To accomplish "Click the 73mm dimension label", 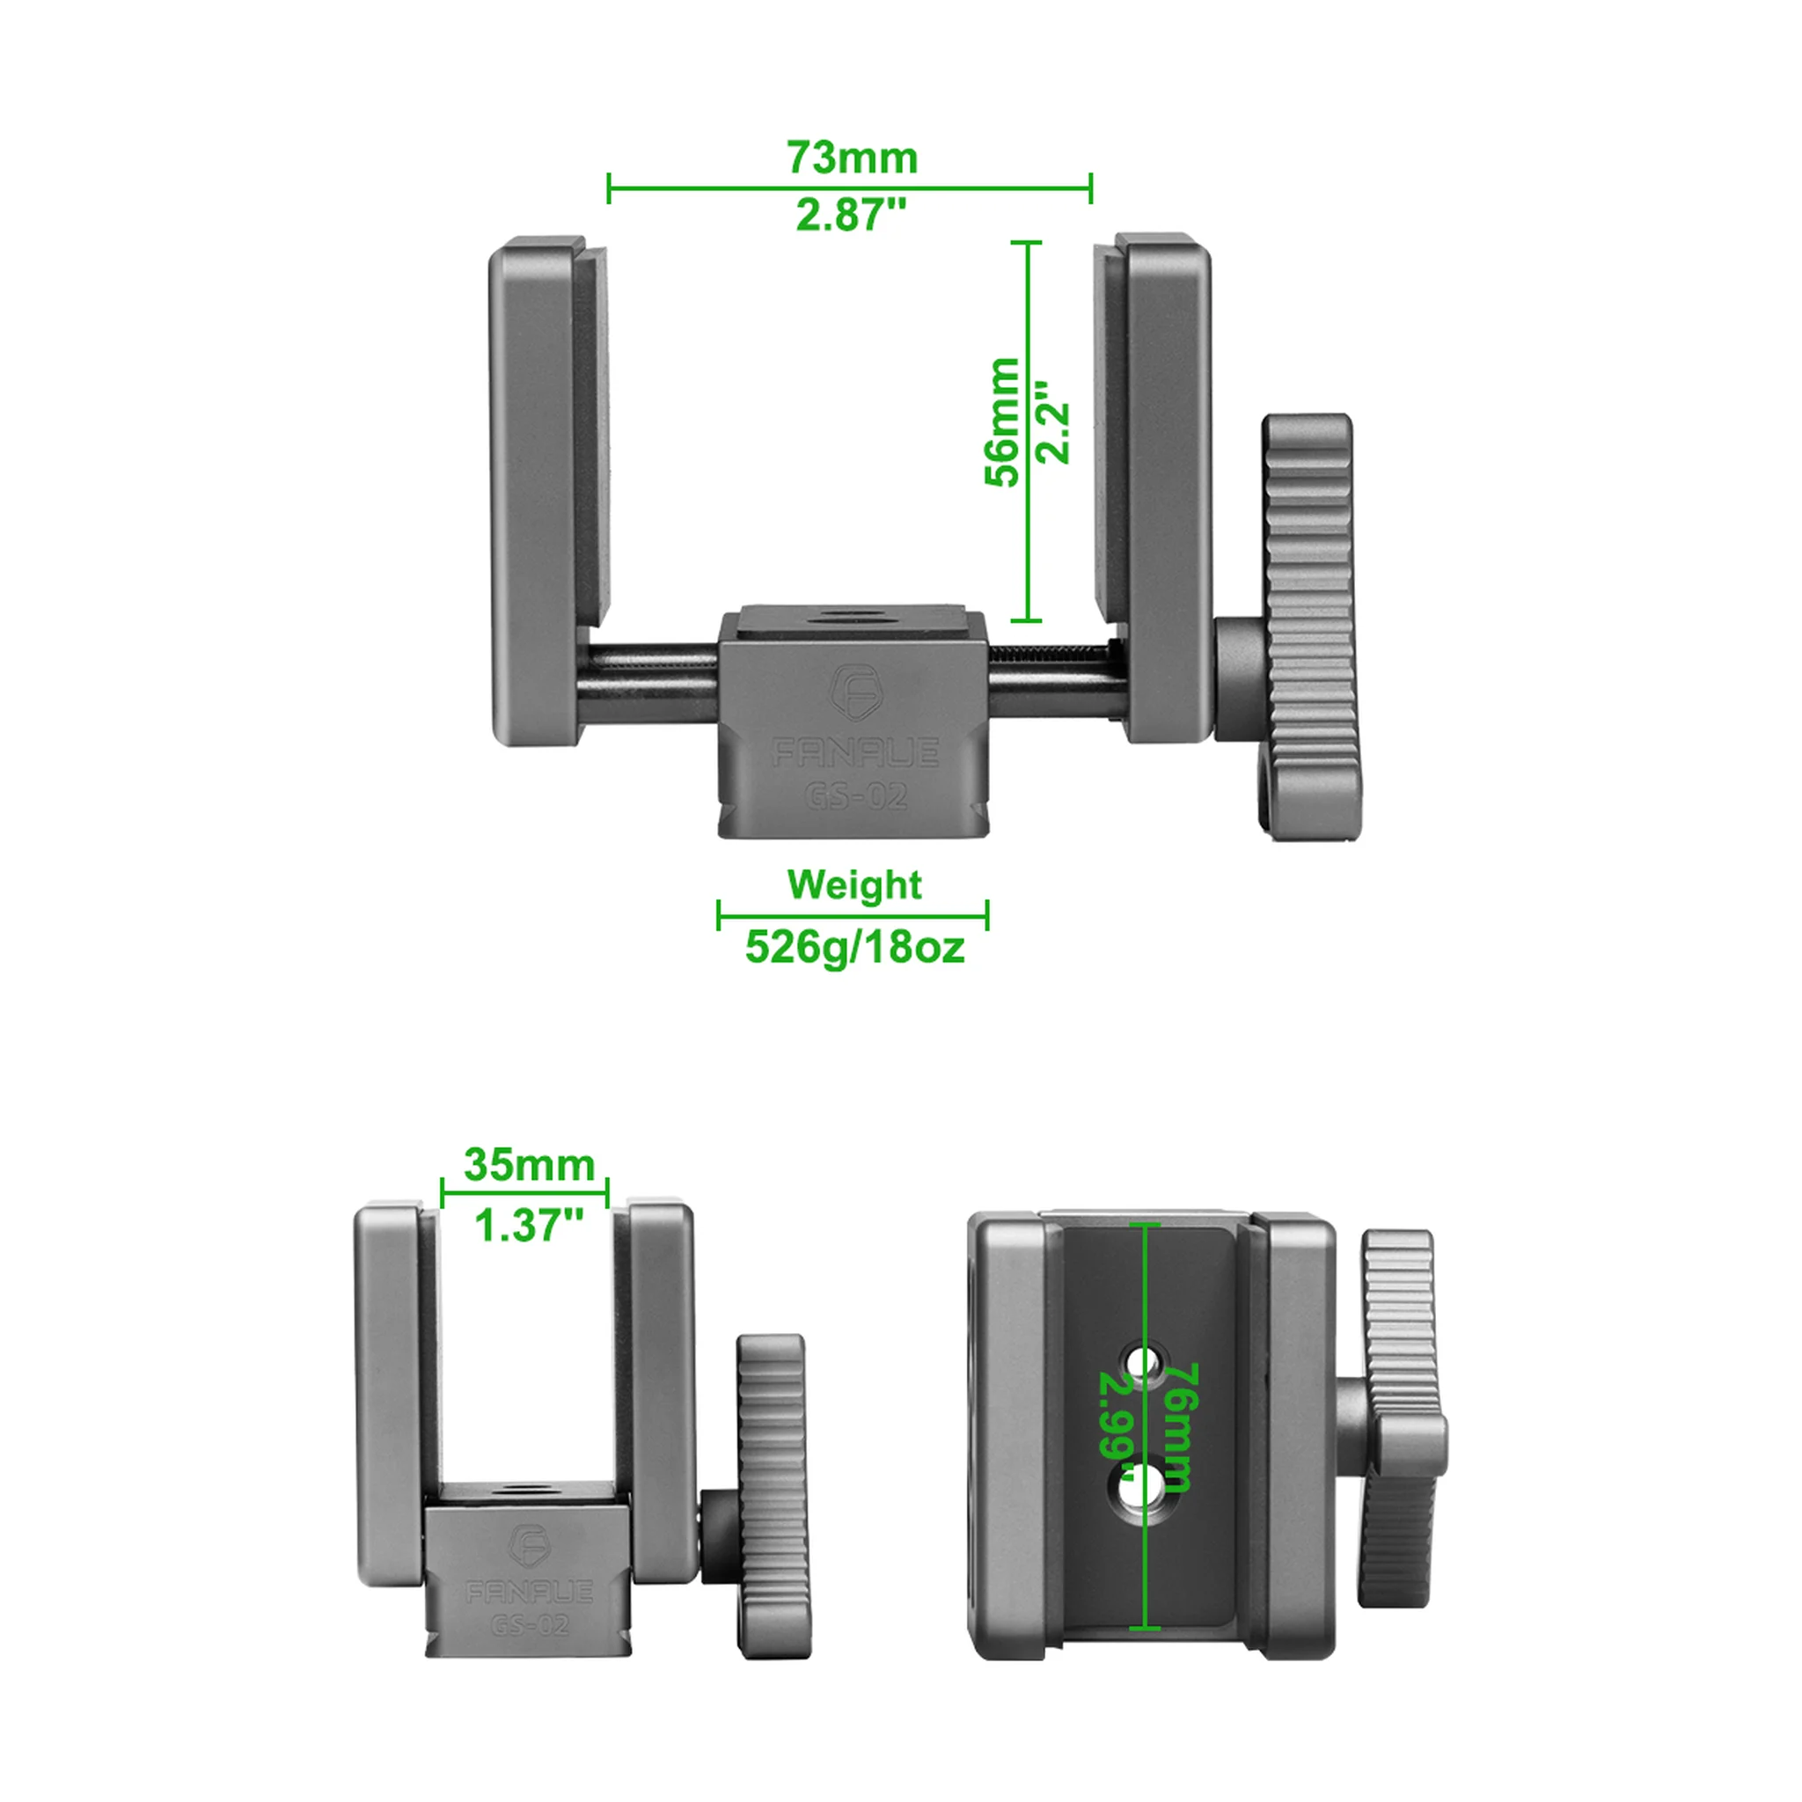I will click(x=852, y=157).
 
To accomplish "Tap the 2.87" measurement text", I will click(x=851, y=216).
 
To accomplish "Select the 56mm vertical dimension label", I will click(x=1003, y=421).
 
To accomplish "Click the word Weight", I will click(x=853, y=884).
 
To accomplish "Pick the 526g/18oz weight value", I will click(x=853, y=948).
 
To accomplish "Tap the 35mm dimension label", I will click(x=529, y=1165).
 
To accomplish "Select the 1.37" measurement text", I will click(x=529, y=1225).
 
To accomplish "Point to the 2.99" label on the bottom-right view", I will click(x=1117, y=1427).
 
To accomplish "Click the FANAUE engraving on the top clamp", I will click(x=855, y=751).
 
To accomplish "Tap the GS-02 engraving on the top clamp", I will click(x=855, y=795).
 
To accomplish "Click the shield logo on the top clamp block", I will click(x=855, y=692).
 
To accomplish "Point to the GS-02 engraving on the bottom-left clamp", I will click(x=529, y=1624).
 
